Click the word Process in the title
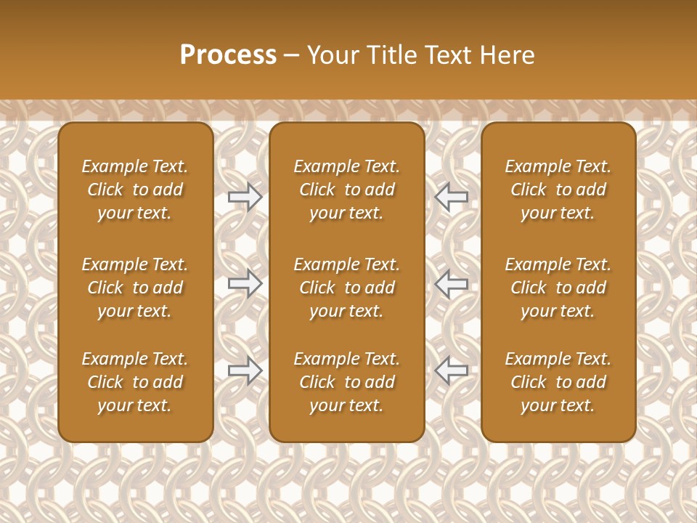click(228, 54)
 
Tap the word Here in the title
click(506, 55)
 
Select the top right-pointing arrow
click(245, 197)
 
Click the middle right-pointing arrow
click(245, 283)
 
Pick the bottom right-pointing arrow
click(245, 370)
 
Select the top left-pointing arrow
click(451, 197)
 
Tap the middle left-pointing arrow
click(451, 283)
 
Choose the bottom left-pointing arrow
click(451, 370)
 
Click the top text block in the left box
click(135, 190)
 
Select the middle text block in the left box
click(135, 288)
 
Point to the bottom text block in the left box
click(135, 382)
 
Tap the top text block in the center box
click(346, 190)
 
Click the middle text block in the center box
click(346, 288)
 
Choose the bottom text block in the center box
click(346, 382)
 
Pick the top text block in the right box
click(558, 190)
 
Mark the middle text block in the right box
click(558, 288)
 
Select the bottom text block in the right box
click(558, 382)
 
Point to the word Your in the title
click(333, 55)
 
